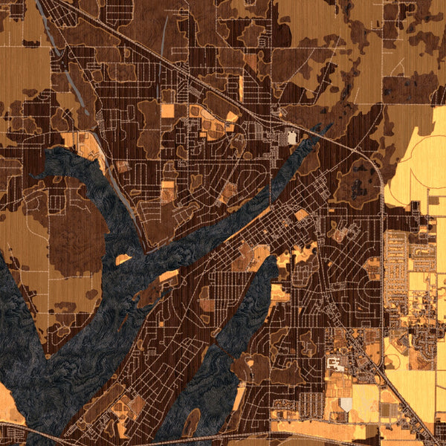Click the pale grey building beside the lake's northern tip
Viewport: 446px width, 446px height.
click(292, 138)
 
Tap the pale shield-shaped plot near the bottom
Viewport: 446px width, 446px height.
click(346, 404)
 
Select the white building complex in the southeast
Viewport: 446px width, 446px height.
click(336, 363)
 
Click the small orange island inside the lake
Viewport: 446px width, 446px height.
click(123, 260)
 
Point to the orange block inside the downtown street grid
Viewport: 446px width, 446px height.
click(302, 216)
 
